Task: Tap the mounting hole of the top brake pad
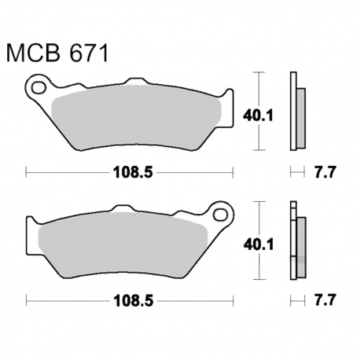[x=38, y=86]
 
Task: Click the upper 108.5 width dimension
[x=130, y=171]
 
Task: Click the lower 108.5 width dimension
[x=130, y=300]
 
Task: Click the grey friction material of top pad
[x=134, y=118]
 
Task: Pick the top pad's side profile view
[x=296, y=112]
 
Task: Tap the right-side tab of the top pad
[x=229, y=105]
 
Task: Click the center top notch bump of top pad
[x=134, y=81]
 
